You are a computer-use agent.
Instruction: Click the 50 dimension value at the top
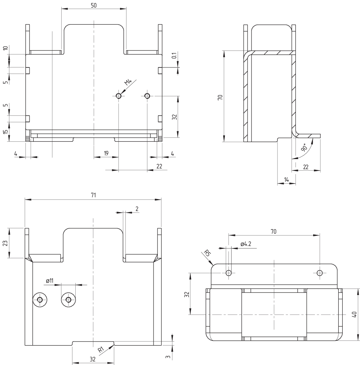coord(94,5)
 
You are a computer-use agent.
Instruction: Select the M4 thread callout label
coord(128,82)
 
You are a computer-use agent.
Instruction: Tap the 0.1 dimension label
coord(174,56)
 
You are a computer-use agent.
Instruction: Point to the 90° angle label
coord(304,148)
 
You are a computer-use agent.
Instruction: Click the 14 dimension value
coord(286,180)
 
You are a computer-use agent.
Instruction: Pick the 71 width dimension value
coord(93,195)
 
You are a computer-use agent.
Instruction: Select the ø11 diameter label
coord(50,281)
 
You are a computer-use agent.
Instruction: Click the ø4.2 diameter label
coord(246,244)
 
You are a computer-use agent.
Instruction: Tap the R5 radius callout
coord(207,253)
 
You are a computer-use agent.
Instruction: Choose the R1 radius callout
coord(101,349)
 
